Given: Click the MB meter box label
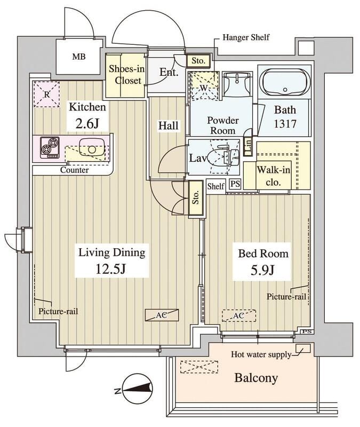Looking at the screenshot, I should (x=78, y=57).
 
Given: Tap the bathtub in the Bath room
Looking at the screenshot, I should (x=284, y=83).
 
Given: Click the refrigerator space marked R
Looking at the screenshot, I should (x=46, y=94).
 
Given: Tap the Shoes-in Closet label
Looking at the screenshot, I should (x=125, y=75).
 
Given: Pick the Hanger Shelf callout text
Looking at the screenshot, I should (x=245, y=37).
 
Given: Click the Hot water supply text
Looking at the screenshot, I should (x=261, y=354).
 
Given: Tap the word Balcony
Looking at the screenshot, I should (x=257, y=378).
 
